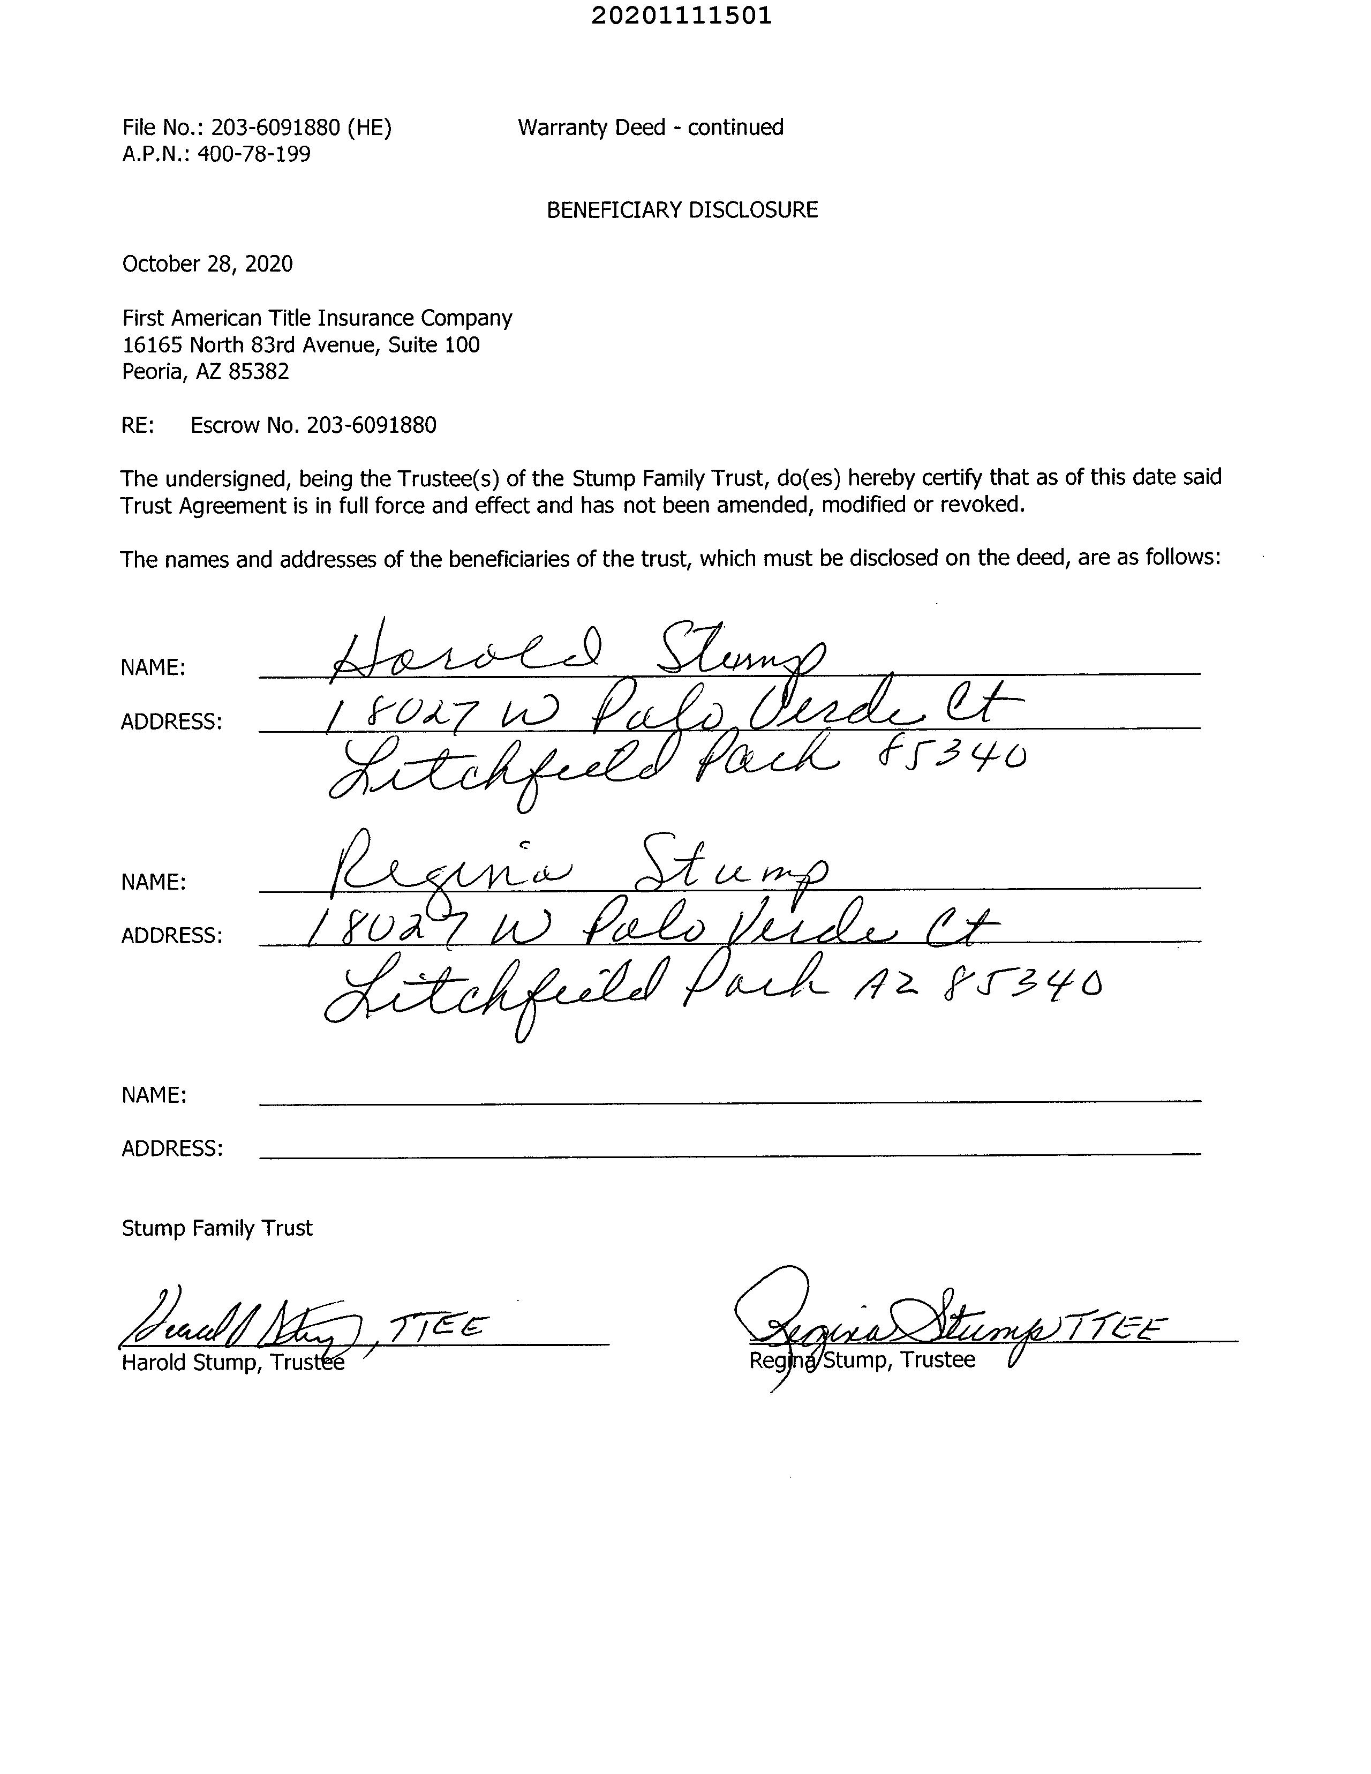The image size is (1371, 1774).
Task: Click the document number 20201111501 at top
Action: point(681,16)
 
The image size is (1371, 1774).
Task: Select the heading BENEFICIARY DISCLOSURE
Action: point(681,211)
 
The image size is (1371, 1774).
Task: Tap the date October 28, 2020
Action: point(207,264)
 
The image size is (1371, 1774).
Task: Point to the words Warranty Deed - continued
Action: point(650,127)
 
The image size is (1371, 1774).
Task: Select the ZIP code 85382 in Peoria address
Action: point(258,372)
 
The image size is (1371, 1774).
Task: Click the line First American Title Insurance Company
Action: point(317,318)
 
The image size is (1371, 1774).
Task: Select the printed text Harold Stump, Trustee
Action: point(233,1362)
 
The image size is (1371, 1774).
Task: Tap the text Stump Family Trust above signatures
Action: point(217,1228)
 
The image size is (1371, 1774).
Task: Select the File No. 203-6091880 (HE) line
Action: point(257,127)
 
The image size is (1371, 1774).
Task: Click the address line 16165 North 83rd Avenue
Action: point(300,345)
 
